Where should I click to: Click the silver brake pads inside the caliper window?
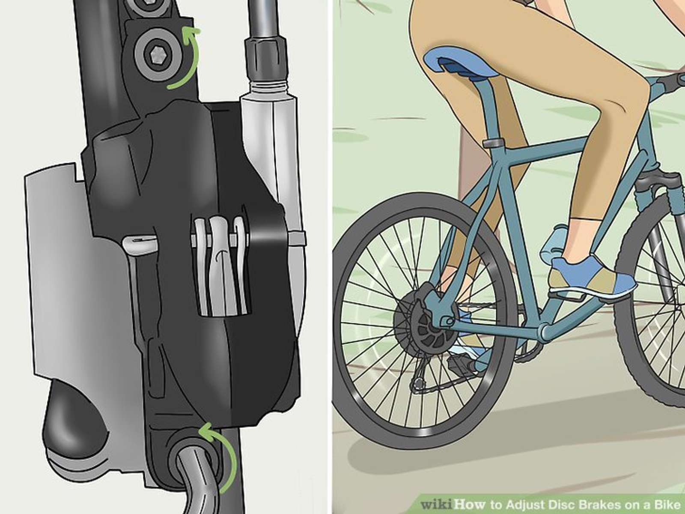(220, 265)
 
